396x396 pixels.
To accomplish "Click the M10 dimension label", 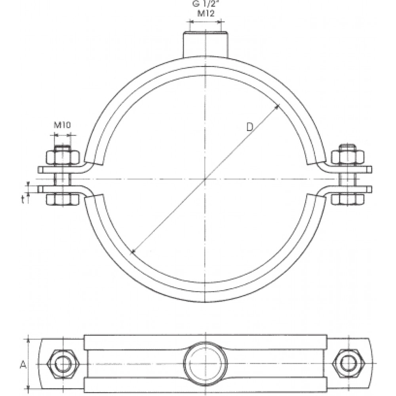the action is click(63, 125).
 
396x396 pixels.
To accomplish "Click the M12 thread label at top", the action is click(206, 13).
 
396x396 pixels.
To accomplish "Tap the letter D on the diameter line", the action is click(249, 127).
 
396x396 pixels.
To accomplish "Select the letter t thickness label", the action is click(23, 200).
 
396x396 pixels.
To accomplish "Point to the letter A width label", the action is click(23, 365).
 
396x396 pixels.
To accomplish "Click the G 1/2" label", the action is click(205, 4).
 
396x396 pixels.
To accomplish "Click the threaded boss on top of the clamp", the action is click(206, 44).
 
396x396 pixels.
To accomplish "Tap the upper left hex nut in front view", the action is click(63, 157).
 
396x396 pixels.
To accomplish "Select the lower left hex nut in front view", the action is click(63, 199).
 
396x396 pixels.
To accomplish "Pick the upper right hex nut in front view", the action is click(348, 157).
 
